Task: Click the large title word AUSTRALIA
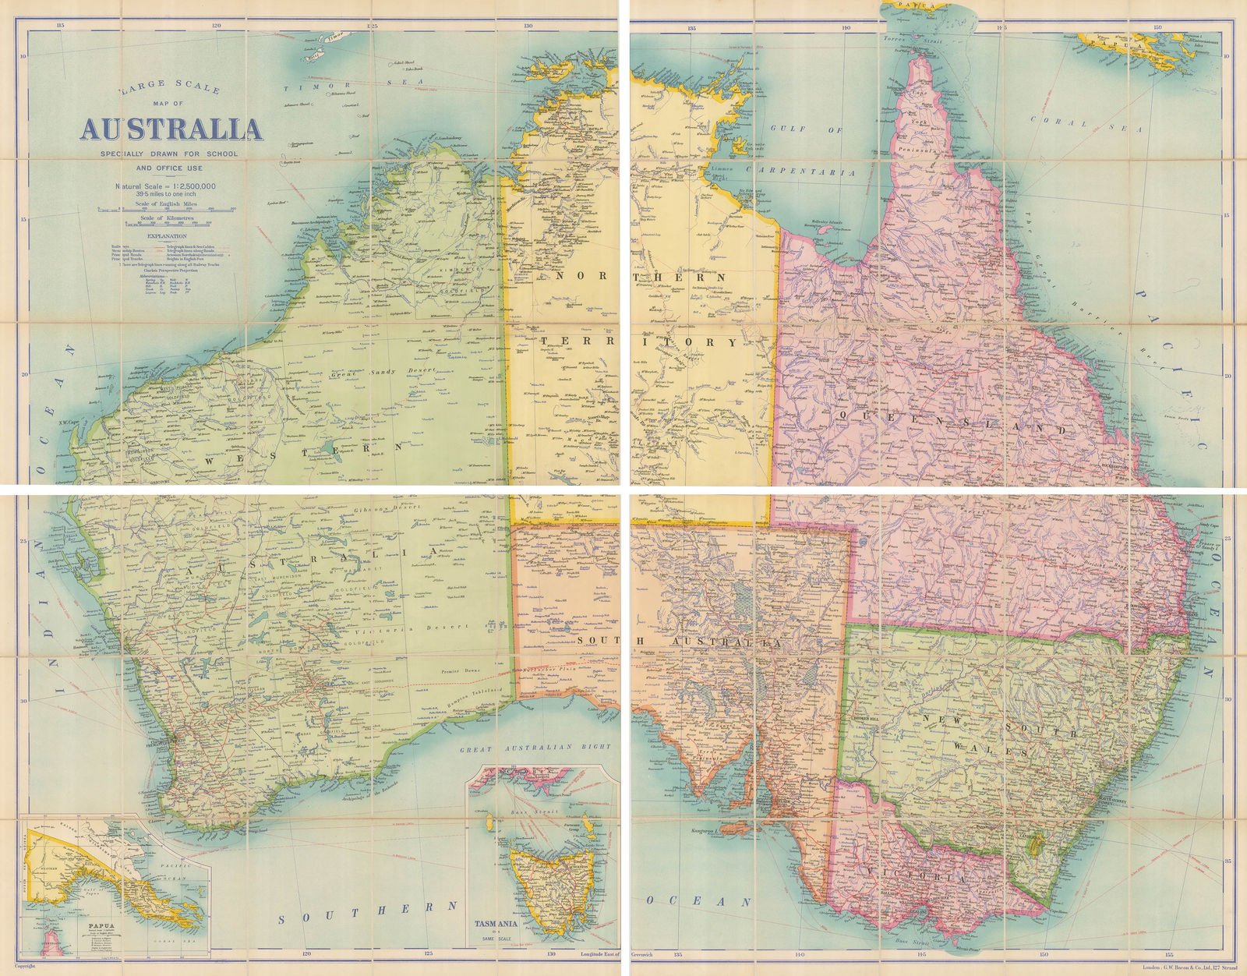171,129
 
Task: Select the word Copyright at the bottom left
26,965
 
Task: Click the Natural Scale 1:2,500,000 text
166,186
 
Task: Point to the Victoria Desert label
425,628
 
